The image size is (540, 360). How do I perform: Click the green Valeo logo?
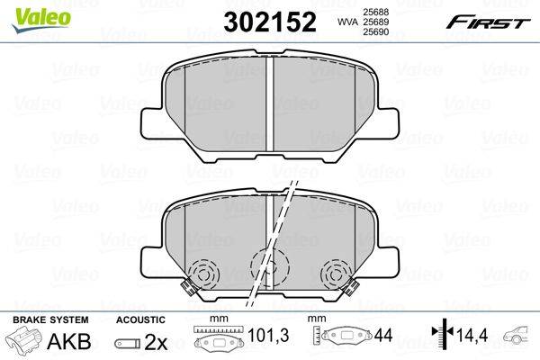(x=41, y=19)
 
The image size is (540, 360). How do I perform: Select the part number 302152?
(x=270, y=22)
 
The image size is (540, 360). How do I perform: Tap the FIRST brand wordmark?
(x=488, y=23)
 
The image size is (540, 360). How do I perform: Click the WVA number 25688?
(x=374, y=12)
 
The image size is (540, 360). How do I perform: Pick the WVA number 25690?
(x=374, y=32)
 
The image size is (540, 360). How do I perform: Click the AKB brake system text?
(x=69, y=341)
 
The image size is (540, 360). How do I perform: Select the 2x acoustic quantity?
(x=156, y=342)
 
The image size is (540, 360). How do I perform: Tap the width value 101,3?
(x=268, y=336)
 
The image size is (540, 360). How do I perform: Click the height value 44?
(x=383, y=335)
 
